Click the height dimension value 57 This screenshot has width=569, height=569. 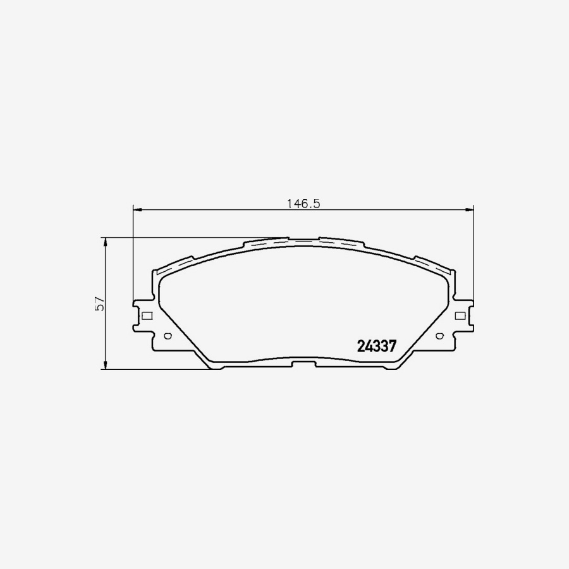pyautogui.click(x=99, y=303)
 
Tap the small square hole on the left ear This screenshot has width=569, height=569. pyautogui.click(x=147, y=315)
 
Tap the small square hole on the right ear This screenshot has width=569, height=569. pyautogui.click(x=460, y=315)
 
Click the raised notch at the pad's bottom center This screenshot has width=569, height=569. pyautogui.click(x=303, y=362)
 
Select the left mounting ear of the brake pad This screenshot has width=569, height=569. pyautogui.click(x=142, y=315)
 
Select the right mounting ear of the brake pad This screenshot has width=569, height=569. pyautogui.click(x=464, y=315)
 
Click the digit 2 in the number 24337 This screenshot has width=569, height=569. pyautogui.click(x=361, y=346)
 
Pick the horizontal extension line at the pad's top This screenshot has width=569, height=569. pyautogui.click(x=190, y=238)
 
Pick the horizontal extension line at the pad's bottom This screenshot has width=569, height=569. pyautogui.click(x=158, y=369)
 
